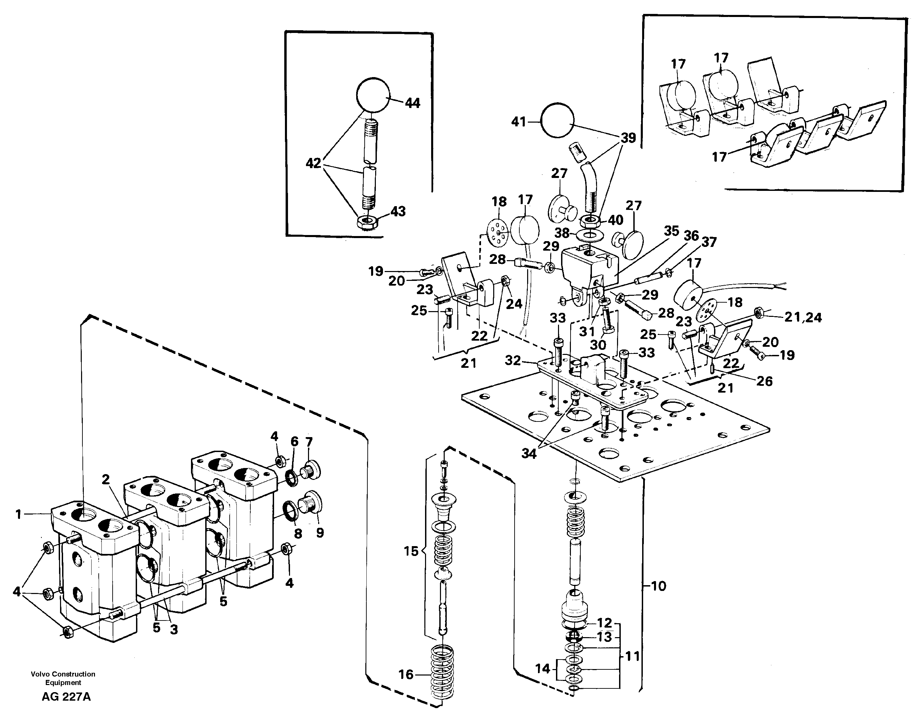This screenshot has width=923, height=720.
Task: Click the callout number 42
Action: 313,163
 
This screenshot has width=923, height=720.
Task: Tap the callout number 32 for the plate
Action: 513,360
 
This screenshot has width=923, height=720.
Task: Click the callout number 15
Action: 411,551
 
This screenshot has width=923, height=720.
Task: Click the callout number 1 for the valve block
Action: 18,515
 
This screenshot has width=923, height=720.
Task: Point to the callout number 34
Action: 529,454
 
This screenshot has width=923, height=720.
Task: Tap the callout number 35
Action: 671,231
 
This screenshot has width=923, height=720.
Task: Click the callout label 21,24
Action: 803,317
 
